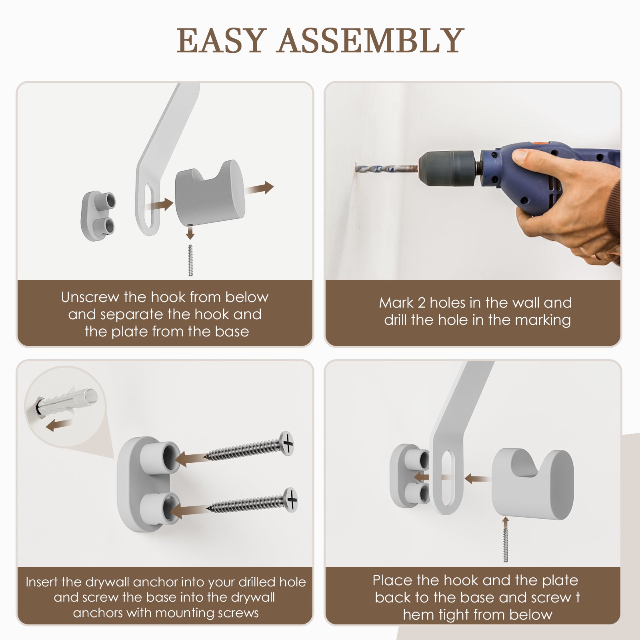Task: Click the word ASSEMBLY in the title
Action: tap(371, 40)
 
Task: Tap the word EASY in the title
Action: tap(222, 40)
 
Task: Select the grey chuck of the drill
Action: tap(447, 168)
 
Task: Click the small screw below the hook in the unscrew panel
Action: tap(190, 260)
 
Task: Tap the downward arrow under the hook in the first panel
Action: tap(190, 232)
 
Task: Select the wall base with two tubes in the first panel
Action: tap(98, 216)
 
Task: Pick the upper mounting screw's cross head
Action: tap(287, 443)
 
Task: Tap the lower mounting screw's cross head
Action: tap(291, 499)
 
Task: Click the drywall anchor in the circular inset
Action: tap(66, 402)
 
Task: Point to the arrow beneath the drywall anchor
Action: tap(59, 426)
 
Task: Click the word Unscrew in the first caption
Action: tap(90, 297)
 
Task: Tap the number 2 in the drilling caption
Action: tap(421, 303)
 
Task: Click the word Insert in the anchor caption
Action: tap(42, 582)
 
